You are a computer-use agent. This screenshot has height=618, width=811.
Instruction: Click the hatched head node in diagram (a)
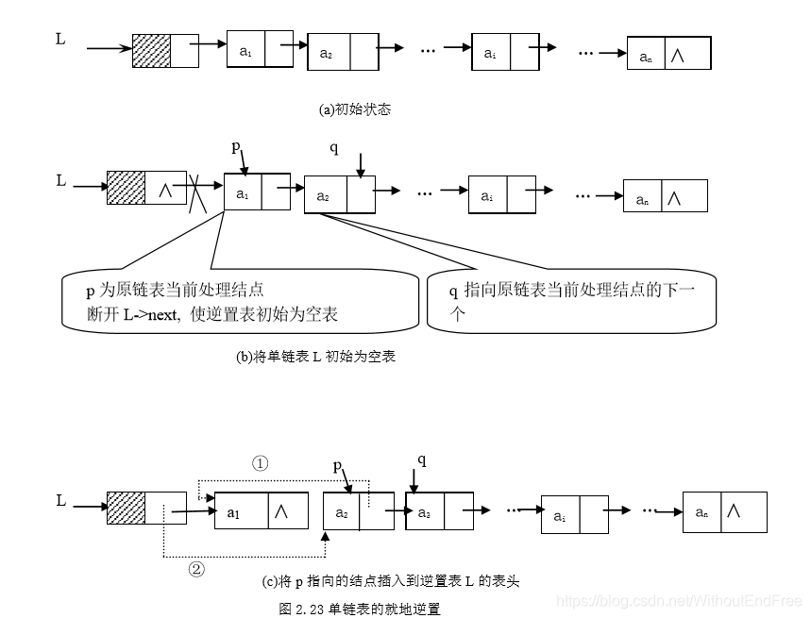[x=152, y=51]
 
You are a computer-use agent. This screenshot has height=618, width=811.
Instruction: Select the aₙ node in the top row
[x=668, y=55]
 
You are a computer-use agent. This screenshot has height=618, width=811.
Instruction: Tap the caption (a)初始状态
[x=355, y=109]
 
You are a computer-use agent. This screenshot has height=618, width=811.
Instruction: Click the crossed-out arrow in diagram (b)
[x=197, y=192]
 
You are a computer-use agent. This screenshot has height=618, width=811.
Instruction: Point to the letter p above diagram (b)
[x=236, y=146]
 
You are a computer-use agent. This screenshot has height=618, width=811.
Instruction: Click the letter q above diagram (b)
[x=333, y=148]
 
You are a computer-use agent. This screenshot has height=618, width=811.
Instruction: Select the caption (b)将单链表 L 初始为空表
[x=315, y=357]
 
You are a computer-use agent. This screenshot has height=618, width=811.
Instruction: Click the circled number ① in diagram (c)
[x=261, y=463]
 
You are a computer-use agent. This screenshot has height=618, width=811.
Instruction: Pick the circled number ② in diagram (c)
[x=196, y=569]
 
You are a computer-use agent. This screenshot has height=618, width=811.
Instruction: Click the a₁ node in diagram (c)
[x=262, y=511]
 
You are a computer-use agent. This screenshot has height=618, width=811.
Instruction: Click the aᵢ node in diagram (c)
[x=574, y=515]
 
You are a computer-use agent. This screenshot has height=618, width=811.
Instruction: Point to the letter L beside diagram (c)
[x=61, y=501]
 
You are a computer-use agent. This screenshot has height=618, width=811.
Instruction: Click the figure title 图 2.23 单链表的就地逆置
[x=360, y=609]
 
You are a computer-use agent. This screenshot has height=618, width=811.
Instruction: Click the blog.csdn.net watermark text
[x=679, y=600]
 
